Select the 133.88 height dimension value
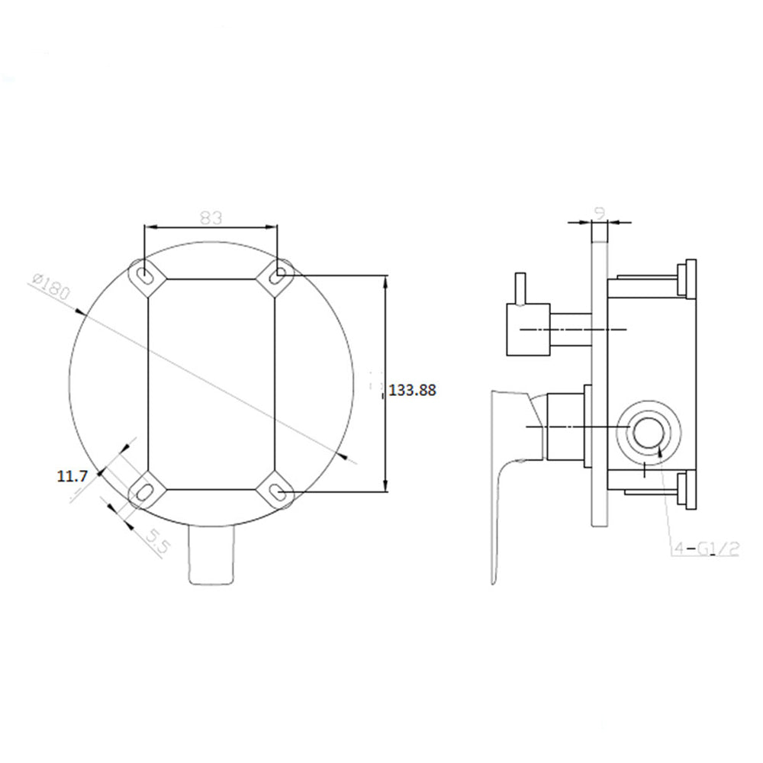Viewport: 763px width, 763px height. point(413,390)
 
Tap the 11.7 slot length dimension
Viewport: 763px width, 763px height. point(72,476)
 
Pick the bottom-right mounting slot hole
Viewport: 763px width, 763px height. point(279,492)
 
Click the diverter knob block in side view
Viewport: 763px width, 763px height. point(528,329)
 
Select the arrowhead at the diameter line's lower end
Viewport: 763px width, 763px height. point(349,458)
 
